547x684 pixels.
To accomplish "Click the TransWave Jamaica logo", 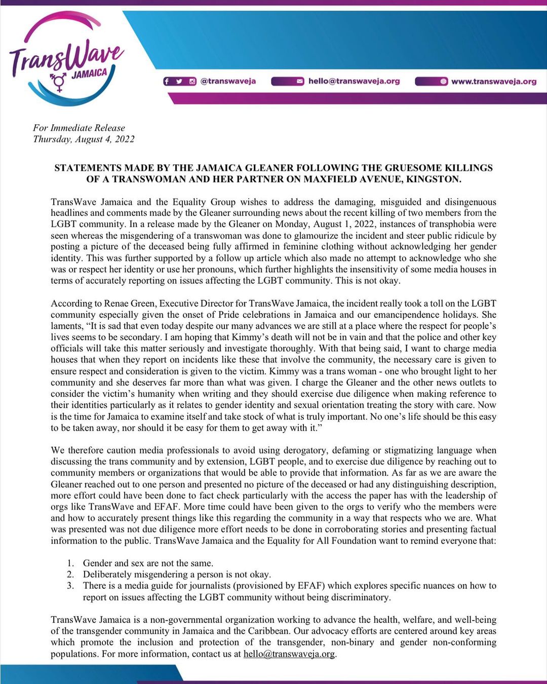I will pyautogui.click(x=66, y=58).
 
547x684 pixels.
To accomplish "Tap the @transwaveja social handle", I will pyautogui.click(x=228, y=81).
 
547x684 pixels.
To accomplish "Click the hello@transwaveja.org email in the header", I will pyautogui.click(x=354, y=81).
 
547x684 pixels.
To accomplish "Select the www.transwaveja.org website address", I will pyautogui.click(x=493, y=81).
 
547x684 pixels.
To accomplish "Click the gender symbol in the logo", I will pyautogui.click(x=58, y=82).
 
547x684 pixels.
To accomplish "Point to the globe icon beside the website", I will pyautogui.click(x=443, y=81).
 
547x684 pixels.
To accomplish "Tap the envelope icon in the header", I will pyautogui.click(x=300, y=81).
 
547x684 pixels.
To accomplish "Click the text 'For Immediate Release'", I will pyautogui.click(x=79, y=128).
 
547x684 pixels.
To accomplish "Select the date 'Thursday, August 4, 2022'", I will pyautogui.click(x=84, y=139).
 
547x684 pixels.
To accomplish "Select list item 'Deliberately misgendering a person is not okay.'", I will pyautogui.click(x=177, y=574).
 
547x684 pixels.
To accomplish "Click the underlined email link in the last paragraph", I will pyautogui.click(x=289, y=654).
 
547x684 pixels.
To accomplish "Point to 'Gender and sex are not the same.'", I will pyautogui.click(x=148, y=563).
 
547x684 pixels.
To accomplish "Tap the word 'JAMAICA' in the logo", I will pyautogui.click(x=89, y=73).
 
